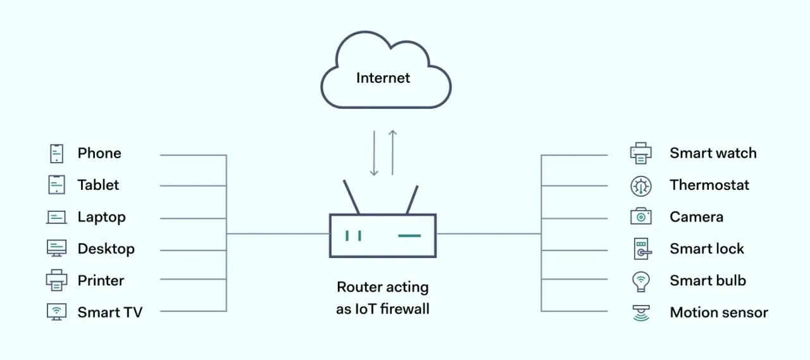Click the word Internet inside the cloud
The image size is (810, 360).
tap(383, 78)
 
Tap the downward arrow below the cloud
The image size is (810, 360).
tap(374, 153)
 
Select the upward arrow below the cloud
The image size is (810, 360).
tap(392, 152)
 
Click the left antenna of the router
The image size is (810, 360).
tap(351, 197)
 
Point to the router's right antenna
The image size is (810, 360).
tap(412, 199)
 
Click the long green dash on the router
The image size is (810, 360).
tap(409, 236)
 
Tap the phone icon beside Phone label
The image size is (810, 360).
tap(57, 153)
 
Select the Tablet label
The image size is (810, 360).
tap(98, 185)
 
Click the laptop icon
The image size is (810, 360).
tap(56, 217)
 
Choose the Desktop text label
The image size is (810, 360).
tap(106, 249)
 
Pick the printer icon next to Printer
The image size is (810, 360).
tap(56, 280)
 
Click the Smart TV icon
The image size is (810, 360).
tap(56, 312)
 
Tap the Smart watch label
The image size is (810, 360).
tap(713, 153)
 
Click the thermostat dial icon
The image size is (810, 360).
tap(640, 185)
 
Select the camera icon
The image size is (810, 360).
tap(640, 216)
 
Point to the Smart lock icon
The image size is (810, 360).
tap(642, 249)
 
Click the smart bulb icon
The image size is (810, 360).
tap(641, 281)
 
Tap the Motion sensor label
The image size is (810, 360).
tap(718, 313)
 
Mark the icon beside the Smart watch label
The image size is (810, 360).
tap(640, 153)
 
